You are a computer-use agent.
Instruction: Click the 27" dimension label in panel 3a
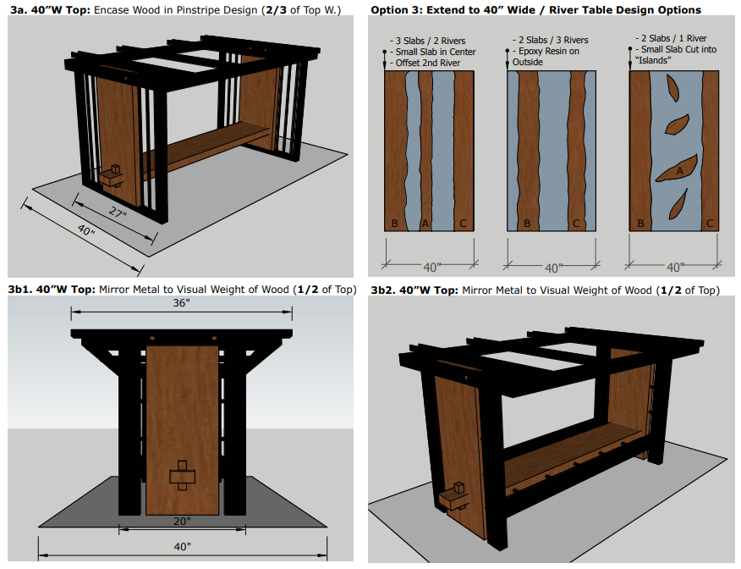click(x=118, y=213)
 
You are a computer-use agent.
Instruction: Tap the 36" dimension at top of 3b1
click(x=182, y=303)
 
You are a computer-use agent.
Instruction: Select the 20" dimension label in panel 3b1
click(x=182, y=522)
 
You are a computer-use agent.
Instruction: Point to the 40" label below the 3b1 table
click(x=183, y=547)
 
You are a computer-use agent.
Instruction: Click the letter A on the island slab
click(x=679, y=171)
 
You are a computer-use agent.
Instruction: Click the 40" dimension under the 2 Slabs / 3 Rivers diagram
click(x=553, y=268)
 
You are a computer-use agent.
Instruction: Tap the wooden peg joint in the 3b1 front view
click(x=182, y=475)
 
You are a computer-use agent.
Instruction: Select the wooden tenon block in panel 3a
click(x=112, y=176)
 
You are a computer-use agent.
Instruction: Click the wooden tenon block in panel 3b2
click(x=453, y=498)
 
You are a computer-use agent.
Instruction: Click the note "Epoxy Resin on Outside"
click(x=546, y=56)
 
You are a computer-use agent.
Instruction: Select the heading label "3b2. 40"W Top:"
click(x=414, y=290)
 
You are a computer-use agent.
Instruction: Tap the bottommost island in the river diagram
click(x=678, y=204)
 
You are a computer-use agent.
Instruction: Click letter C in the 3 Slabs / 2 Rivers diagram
click(x=464, y=224)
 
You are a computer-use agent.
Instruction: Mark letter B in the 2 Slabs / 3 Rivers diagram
click(x=527, y=224)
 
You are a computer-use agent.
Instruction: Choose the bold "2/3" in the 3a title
click(x=276, y=10)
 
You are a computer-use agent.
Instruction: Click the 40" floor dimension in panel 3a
click(x=86, y=229)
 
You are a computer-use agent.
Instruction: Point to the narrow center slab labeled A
click(x=425, y=151)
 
